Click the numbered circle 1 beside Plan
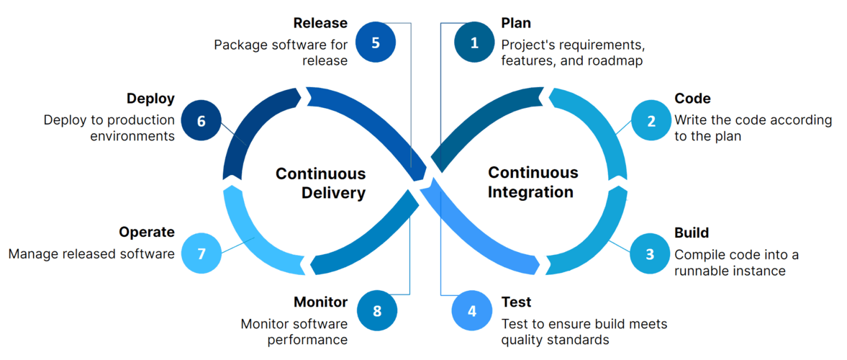click(x=474, y=42)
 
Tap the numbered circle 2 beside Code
click(x=651, y=120)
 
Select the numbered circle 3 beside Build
click(x=650, y=253)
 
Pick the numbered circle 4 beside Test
click(x=472, y=311)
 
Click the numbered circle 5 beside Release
click(x=376, y=42)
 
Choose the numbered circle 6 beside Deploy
click(x=201, y=121)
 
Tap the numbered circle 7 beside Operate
click(x=201, y=253)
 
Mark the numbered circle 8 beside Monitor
click(x=377, y=311)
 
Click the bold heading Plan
click(x=516, y=24)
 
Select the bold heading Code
click(x=692, y=99)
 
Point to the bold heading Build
click(x=692, y=233)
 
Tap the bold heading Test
click(x=516, y=302)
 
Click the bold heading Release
click(x=320, y=24)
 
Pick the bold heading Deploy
click(x=150, y=99)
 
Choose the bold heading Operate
click(x=147, y=232)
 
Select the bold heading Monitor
click(x=320, y=302)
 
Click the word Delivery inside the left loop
click(x=333, y=193)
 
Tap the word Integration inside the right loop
click(x=530, y=192)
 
